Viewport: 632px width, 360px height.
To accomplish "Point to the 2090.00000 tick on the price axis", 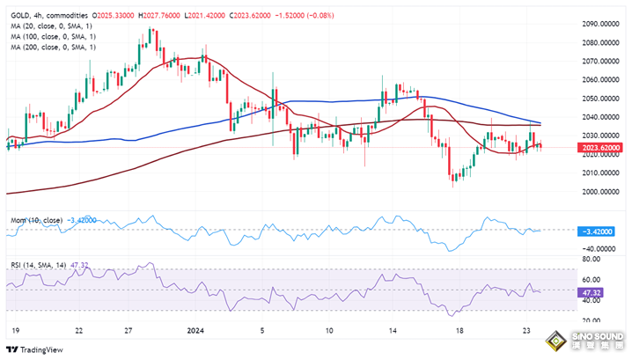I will pyautogui.click(x=601, y=24).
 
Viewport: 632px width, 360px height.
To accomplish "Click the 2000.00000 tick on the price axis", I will pyautogui.click(x=601, y=191).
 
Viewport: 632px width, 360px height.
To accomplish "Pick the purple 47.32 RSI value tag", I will pyautogui.click(x=592, y=292).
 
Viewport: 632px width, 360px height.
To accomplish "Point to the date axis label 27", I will pyautogui.click(x=129, y=331).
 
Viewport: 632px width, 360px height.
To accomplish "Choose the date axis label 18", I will pyautogui.click(x=459, y=331).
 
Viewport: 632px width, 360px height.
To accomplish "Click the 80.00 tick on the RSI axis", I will pyautogui.click(x=592, y=260).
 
